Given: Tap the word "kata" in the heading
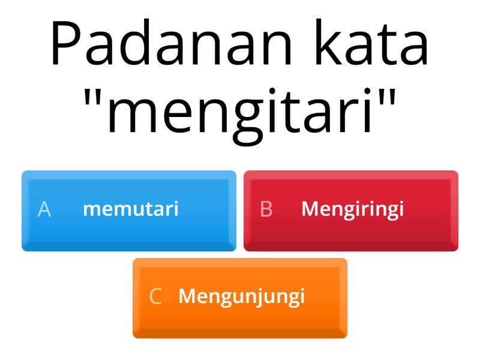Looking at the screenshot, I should click(x=376, y=44).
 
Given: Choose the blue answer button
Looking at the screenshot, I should click(x=129, y=210).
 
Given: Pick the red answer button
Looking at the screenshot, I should click(x=351, y=210).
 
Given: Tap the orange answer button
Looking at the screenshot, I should click(x=240, y=298).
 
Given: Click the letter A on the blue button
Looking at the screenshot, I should click(x=44, y=209).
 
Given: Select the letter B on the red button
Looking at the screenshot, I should click(x=266, y=209).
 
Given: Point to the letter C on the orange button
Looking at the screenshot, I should click(x=155, y=297).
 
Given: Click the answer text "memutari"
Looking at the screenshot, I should click(x=131, y=209).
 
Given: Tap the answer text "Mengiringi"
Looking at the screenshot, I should click(x=352, y=209).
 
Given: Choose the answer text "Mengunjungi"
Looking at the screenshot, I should click(x=242, y=297).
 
